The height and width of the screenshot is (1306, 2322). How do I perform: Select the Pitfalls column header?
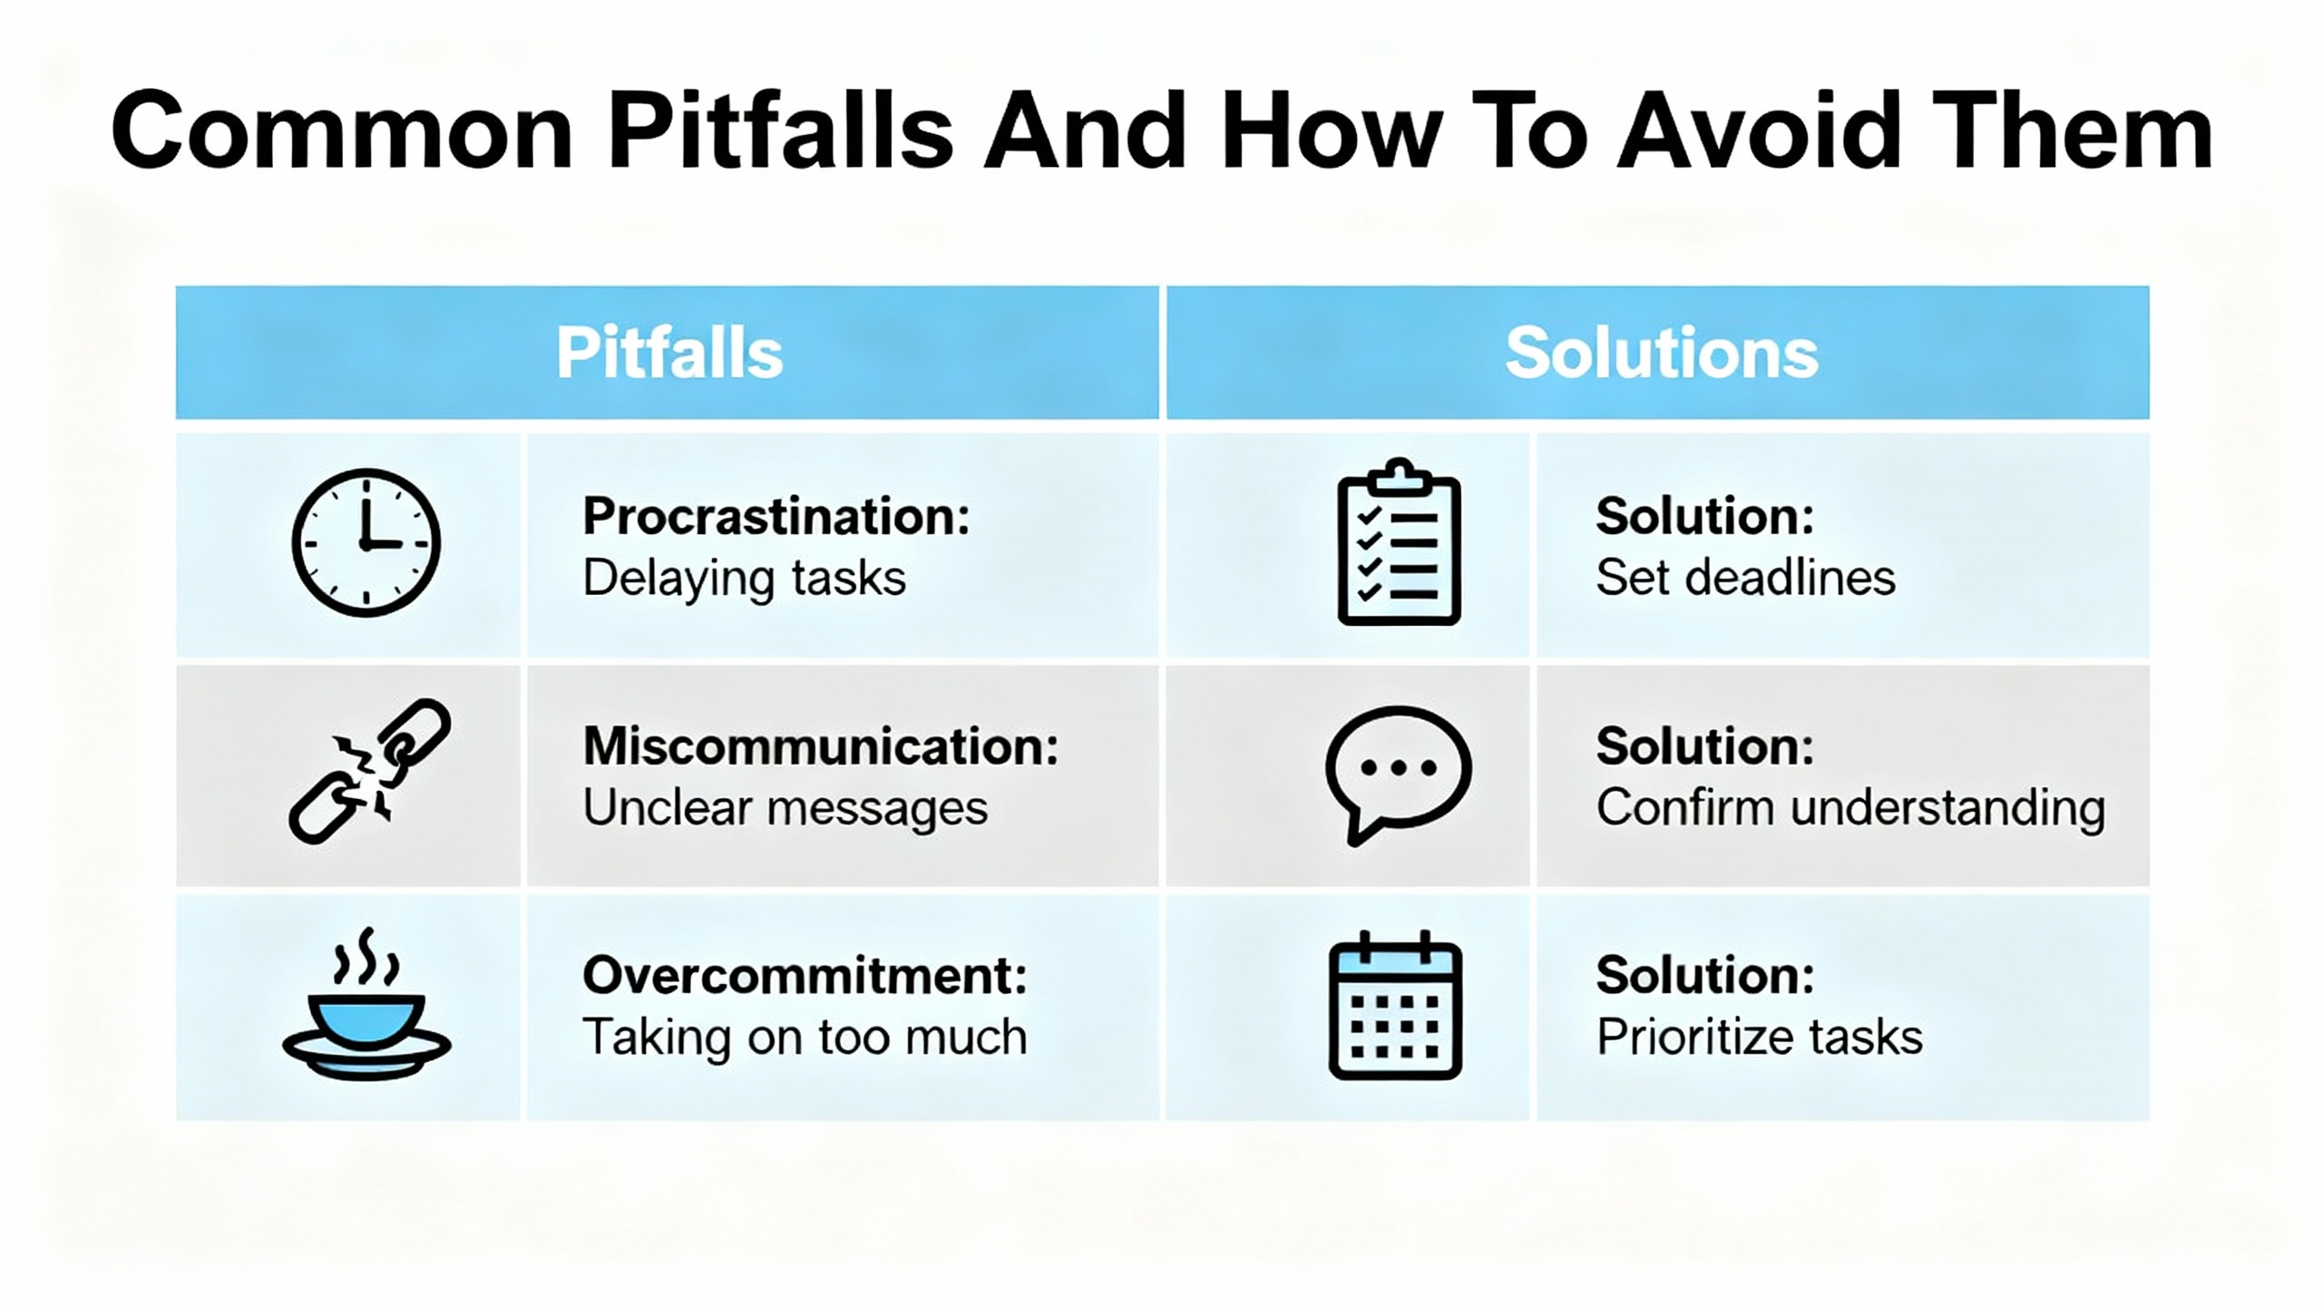tap(669, 353)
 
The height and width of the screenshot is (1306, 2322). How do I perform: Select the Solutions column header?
tap(1662, 353)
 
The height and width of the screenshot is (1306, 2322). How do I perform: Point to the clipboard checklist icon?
tap(1400, 542)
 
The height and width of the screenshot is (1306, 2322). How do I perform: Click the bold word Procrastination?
tap(776, 518)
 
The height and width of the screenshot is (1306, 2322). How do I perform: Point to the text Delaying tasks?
tap(744, 579)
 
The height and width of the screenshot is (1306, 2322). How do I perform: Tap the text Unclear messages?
tap(785, 808)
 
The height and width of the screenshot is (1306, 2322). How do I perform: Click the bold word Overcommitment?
tap(805, 976)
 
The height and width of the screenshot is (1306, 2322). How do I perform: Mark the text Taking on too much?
tap(805, 1037)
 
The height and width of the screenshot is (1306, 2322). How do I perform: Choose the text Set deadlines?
tap(1745, 578)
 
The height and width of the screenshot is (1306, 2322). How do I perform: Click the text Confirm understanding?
tap(1850, 808)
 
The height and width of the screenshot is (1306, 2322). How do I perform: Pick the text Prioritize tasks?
tap(1759, 1037)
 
